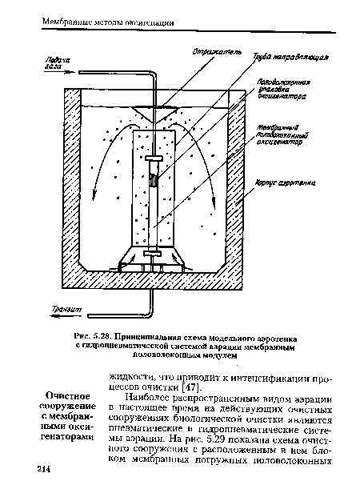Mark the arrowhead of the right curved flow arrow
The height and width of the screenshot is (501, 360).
pos(213,210)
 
